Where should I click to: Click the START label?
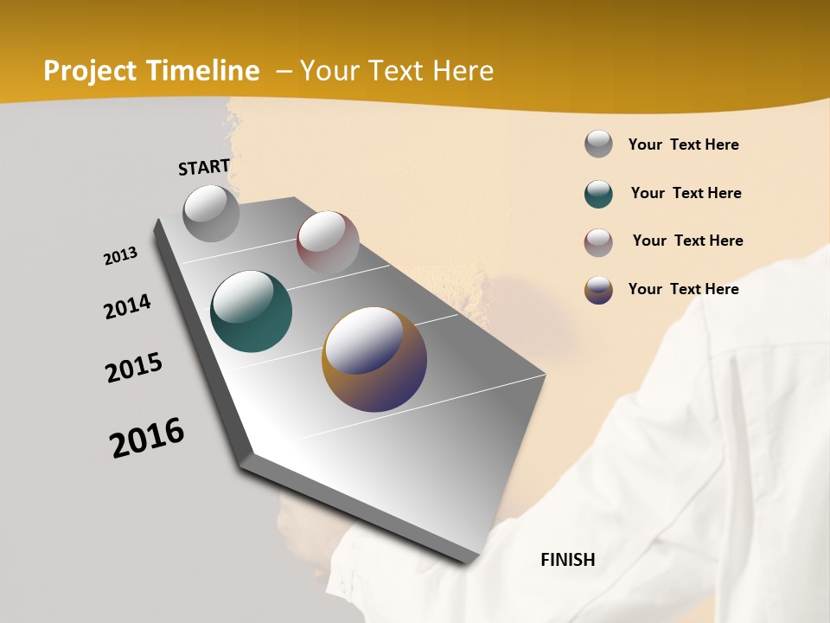(x=204, y=167)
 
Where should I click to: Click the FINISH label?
(x=568, y=560)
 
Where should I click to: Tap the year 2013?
(x=121, y=256)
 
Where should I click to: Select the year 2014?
(x=128, y=306)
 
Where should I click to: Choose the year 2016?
(x=147, y=437)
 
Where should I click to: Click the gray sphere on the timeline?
(x=211, y=213)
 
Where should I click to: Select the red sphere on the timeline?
(x=328, y=242)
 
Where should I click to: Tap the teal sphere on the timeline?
(x=251, y=311)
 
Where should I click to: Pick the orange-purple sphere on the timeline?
(x=374, y=358)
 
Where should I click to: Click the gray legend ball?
(x=598, y=144)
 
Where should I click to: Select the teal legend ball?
(x=598, y=194)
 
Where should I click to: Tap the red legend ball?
(x=598, y=242)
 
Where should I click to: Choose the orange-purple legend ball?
(x=598, y=290)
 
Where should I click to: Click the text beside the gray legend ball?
(x=684, y=145)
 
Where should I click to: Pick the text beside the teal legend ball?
(x=686, y=193)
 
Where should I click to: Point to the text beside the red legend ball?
(x=688, y=241)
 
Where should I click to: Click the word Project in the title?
(x=90, y=71)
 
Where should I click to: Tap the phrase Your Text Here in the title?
(x=397, y=71)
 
